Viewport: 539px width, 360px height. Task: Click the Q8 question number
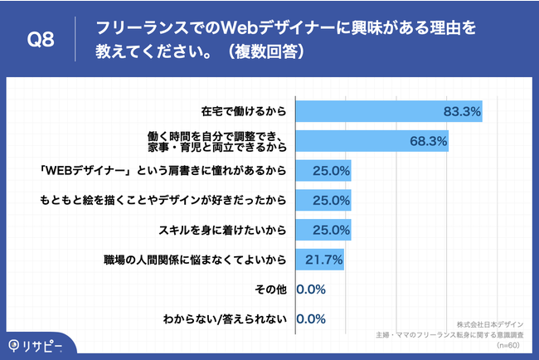click(x=41, y=40)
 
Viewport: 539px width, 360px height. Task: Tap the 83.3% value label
click(x=462, y=111)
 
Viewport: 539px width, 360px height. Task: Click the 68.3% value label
click(x=428, y=141)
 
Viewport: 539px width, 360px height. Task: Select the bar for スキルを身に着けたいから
click(x=323, y=229)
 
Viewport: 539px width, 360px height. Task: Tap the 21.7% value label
click(x=324, y=260)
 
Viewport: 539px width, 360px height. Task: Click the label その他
click(x=273, y=289)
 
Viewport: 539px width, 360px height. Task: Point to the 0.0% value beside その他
click(x=310, y=289)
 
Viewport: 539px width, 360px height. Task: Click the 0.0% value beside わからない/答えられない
click(x=310, y=319)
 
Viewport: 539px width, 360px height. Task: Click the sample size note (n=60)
click(x=508, y=344)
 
